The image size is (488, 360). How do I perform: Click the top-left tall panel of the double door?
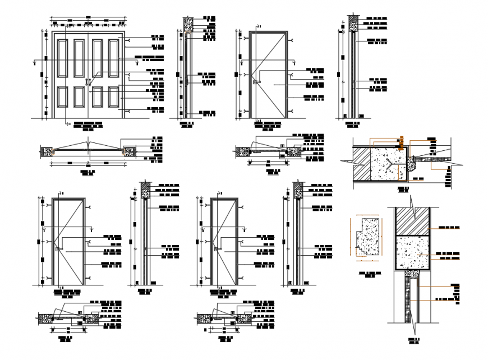click(62, 58)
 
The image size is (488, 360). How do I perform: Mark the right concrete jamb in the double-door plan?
click(130, 151)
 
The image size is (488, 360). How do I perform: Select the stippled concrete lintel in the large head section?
click(413, 252)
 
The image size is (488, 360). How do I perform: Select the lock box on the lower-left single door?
click(58, 248)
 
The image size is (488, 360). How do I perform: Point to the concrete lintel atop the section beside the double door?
click(187, 24)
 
